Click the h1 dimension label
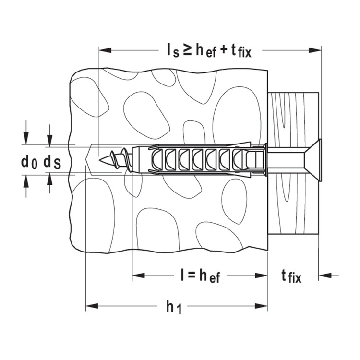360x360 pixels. pos(174,307)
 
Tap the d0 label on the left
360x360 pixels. pos(29,163)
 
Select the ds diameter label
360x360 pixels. pos(52,163)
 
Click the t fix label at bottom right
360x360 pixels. pos(291,276)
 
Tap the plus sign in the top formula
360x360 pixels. pos(224,51)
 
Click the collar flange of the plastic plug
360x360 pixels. pos(265,159)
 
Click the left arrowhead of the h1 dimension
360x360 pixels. pos(92,306)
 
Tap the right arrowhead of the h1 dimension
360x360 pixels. pos(262,306)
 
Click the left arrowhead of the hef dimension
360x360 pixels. pos(138,276)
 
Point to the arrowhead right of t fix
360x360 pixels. pos(325,275)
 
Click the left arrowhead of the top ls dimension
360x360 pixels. pos(105,50)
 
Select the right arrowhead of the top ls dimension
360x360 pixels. pos(315,50)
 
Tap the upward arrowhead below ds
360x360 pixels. pos(49,179)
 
